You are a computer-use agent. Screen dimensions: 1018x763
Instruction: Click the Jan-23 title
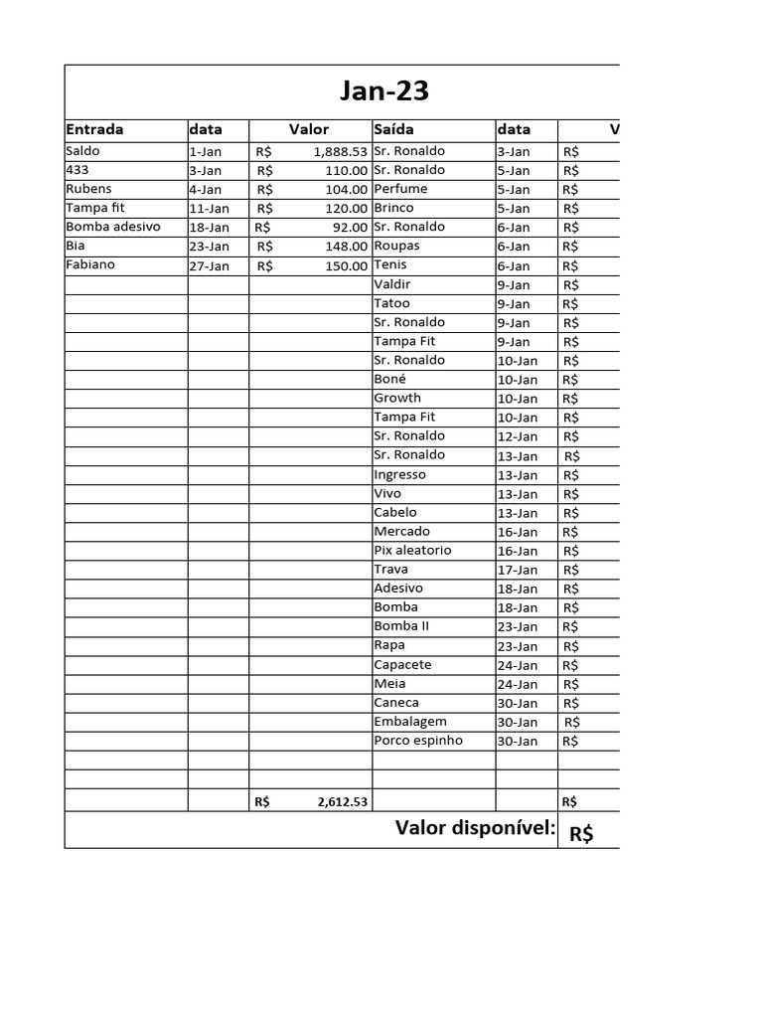tap(384, 91)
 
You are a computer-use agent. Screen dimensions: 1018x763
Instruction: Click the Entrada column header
tap(94, 129)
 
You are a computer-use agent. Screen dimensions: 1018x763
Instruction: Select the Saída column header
tap(394, 129)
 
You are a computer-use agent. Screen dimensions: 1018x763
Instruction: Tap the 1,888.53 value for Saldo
tap(340, 152)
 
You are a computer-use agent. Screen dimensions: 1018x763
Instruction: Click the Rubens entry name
tap(88, 189)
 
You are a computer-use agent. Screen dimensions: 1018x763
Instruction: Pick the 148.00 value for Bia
tap(347, 246)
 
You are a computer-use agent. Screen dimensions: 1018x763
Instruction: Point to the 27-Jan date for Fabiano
tap(209, 265)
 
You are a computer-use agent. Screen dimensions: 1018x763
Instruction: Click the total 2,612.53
tap(343, 802)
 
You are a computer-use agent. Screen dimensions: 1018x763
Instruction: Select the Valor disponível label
tap(475, 828)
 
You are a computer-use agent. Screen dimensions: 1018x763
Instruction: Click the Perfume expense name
tap(400, 189)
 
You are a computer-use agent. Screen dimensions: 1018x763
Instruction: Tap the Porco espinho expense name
tap(417, 741)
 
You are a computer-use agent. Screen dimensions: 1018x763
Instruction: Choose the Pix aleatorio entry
tap(412, 550)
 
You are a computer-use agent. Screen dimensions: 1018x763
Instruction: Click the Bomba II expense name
tap(401, 626)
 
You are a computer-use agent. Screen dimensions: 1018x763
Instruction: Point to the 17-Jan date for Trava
tap(517, 570)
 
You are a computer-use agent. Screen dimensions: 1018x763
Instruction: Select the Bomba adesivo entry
tap(112, 227)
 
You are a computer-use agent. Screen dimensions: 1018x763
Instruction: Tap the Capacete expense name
tap(402, 664)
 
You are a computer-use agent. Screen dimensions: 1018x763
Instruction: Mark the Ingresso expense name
tap(399, 474)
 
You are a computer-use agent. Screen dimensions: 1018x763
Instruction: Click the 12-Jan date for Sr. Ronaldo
tap(517, 436)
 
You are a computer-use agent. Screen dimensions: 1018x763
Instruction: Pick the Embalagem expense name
tap(410, 722)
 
